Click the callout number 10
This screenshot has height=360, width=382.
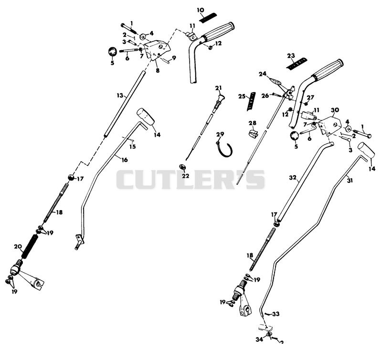pyautogui.click(x=201, y=10)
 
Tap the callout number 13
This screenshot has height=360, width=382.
pyautogui.click(x=120, y=95)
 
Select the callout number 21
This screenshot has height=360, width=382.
pyautogui.click(x=218, y=88)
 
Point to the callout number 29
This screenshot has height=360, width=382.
pyautogui.click(x=220, y=134)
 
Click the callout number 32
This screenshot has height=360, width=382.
pyautogui.click(x=293, y=178)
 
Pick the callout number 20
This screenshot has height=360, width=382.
pyautogui.click(x=18, y=246)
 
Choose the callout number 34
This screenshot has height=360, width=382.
pyautogui.click(x=259, y=339)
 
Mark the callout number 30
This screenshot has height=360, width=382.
pyautogui.click(x=335, y=110)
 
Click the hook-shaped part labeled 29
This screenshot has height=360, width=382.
pyautogui.click(x=224, y=149)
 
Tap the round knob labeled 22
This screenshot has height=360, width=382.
pyautogui.click(x=182, y=167)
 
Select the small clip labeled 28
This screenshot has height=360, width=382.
pyautogui.click(x=253, y=133)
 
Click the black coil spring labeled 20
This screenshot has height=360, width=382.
pyautogui.click(x=29, y=246)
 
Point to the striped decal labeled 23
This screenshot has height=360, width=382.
pyautogui.click(x=297, y=64)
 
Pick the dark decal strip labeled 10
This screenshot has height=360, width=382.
pyautogui.click(x=208, y=18)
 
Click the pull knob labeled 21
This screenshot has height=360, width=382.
pyautogui.click(x=219, y=102)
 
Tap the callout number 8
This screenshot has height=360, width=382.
pyautogui.click(x=158, y=71)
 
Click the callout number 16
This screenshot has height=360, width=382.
pyautogui.click(x=124, y=160)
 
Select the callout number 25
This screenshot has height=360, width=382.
pyautogui.click(x=242, y=96)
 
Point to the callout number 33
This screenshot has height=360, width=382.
pyautogui.click(x=276, y=314)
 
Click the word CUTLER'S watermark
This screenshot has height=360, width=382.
pyautogui.click(x=191, y=180)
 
